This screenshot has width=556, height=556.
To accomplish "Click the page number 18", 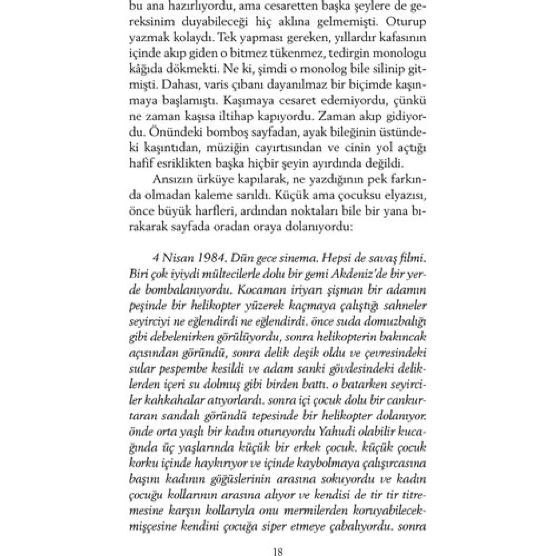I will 278,552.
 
